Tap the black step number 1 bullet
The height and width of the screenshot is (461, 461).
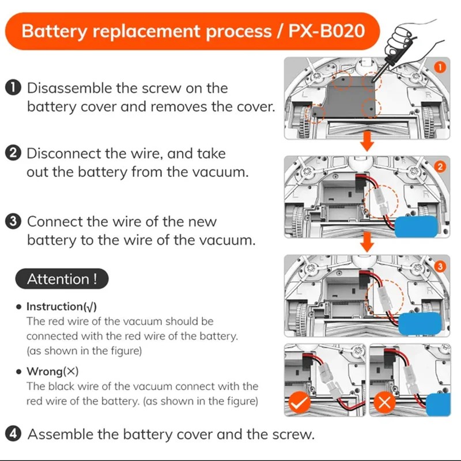coord(13,88)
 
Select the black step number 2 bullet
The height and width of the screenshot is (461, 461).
coord(13,154)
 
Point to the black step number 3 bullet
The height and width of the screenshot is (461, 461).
coord(13,222)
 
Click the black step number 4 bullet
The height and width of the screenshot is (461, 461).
coord(13,434)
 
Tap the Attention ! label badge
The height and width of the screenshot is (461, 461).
coord(62,279)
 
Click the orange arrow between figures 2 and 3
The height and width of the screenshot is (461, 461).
coord(365,245)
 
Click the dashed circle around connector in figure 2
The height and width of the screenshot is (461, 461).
coord(381,202)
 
